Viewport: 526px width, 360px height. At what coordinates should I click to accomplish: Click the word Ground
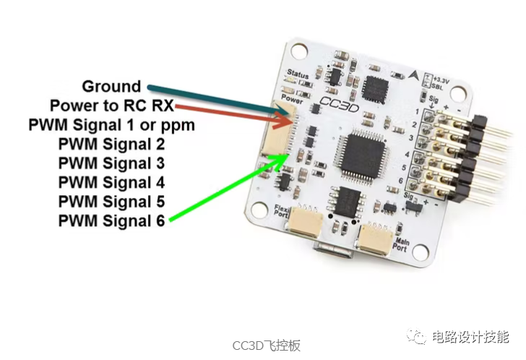pyautogui.click(x=111, y=87)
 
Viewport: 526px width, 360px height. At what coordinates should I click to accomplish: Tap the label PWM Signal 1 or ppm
pyautogui.click(x=112, y=125)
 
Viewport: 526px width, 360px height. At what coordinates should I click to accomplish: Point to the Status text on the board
pyautogui.click(x=297, y=74)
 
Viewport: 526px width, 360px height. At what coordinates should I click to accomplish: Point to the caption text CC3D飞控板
pyautogui.click(x=266, y=346)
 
